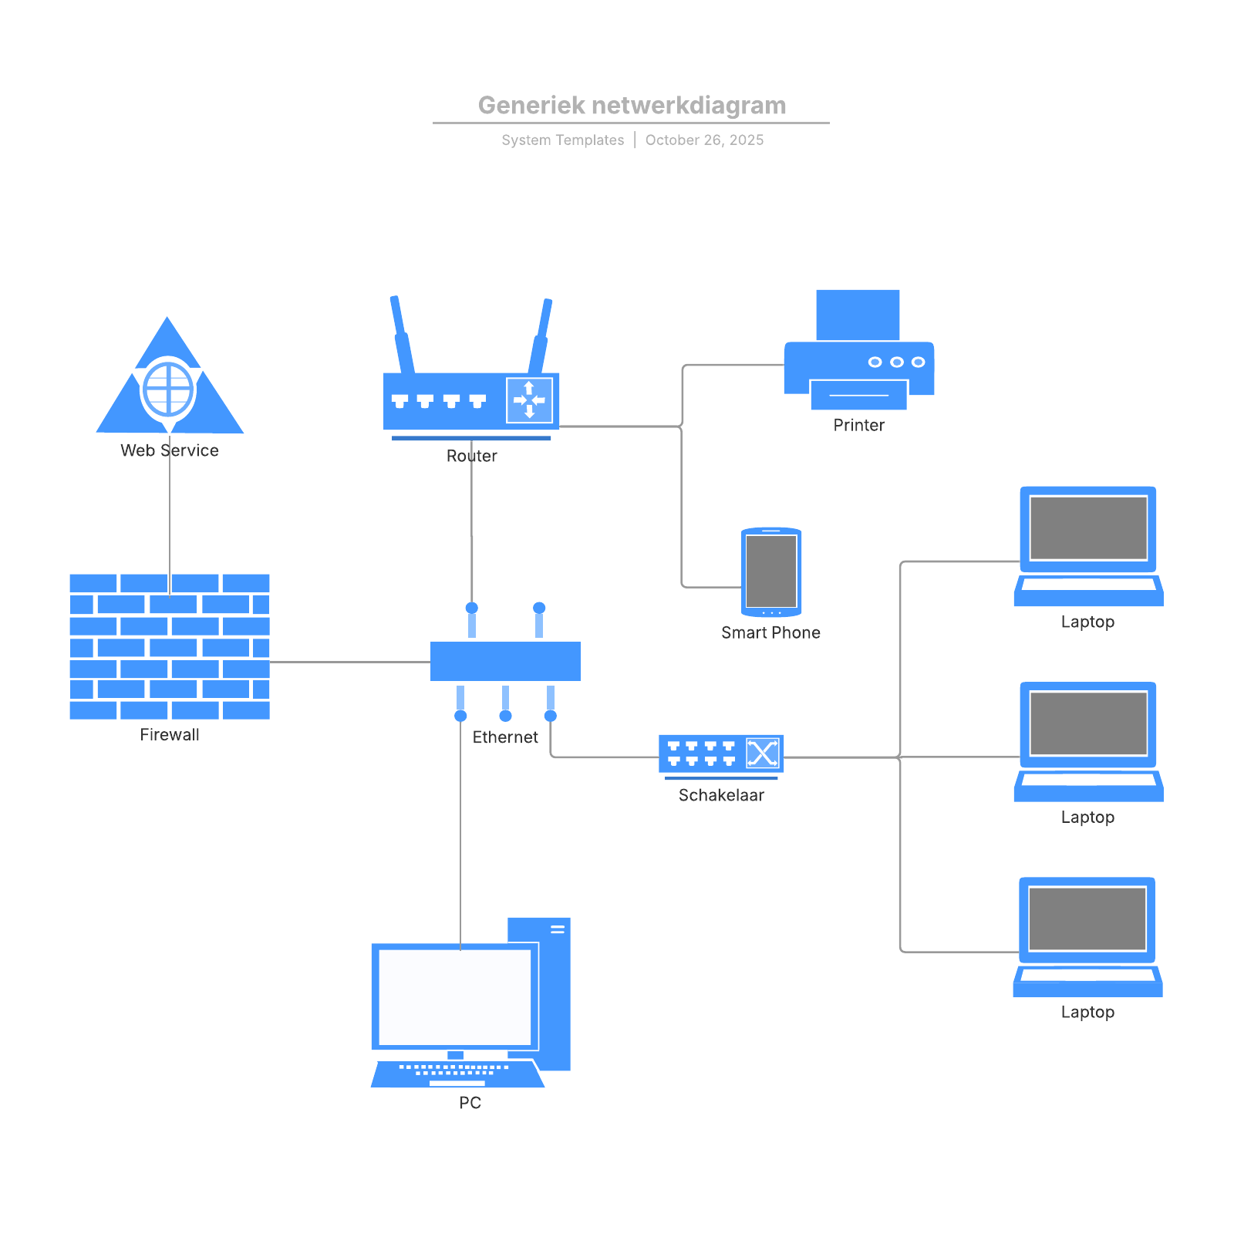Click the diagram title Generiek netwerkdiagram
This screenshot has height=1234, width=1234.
click(632, 105)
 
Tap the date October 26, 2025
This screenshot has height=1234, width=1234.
click(704, 140)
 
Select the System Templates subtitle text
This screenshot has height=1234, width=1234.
click(562, 140)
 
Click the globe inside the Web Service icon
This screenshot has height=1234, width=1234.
click(168, 388)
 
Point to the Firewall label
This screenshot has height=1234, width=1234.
click(170, 735)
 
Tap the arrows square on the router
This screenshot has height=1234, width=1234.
click(529, 400)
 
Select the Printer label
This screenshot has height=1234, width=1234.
click(858, 426)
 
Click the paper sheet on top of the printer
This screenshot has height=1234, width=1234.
click(858, 314)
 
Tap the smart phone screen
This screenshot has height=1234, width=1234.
click(771, 571)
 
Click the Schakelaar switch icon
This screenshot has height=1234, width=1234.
click(720, 754)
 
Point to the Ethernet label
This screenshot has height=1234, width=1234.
click(505, 737)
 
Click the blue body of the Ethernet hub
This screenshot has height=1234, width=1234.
click(505, 661)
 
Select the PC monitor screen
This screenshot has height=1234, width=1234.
click(454, 996)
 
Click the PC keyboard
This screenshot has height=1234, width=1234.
click(457, 1073)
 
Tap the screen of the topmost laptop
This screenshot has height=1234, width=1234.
click(1088, 528)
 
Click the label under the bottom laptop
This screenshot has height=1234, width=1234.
click(1087, 1013)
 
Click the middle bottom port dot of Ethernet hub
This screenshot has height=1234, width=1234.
click(505, 716)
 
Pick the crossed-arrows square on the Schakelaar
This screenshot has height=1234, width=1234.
click(763, 753)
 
